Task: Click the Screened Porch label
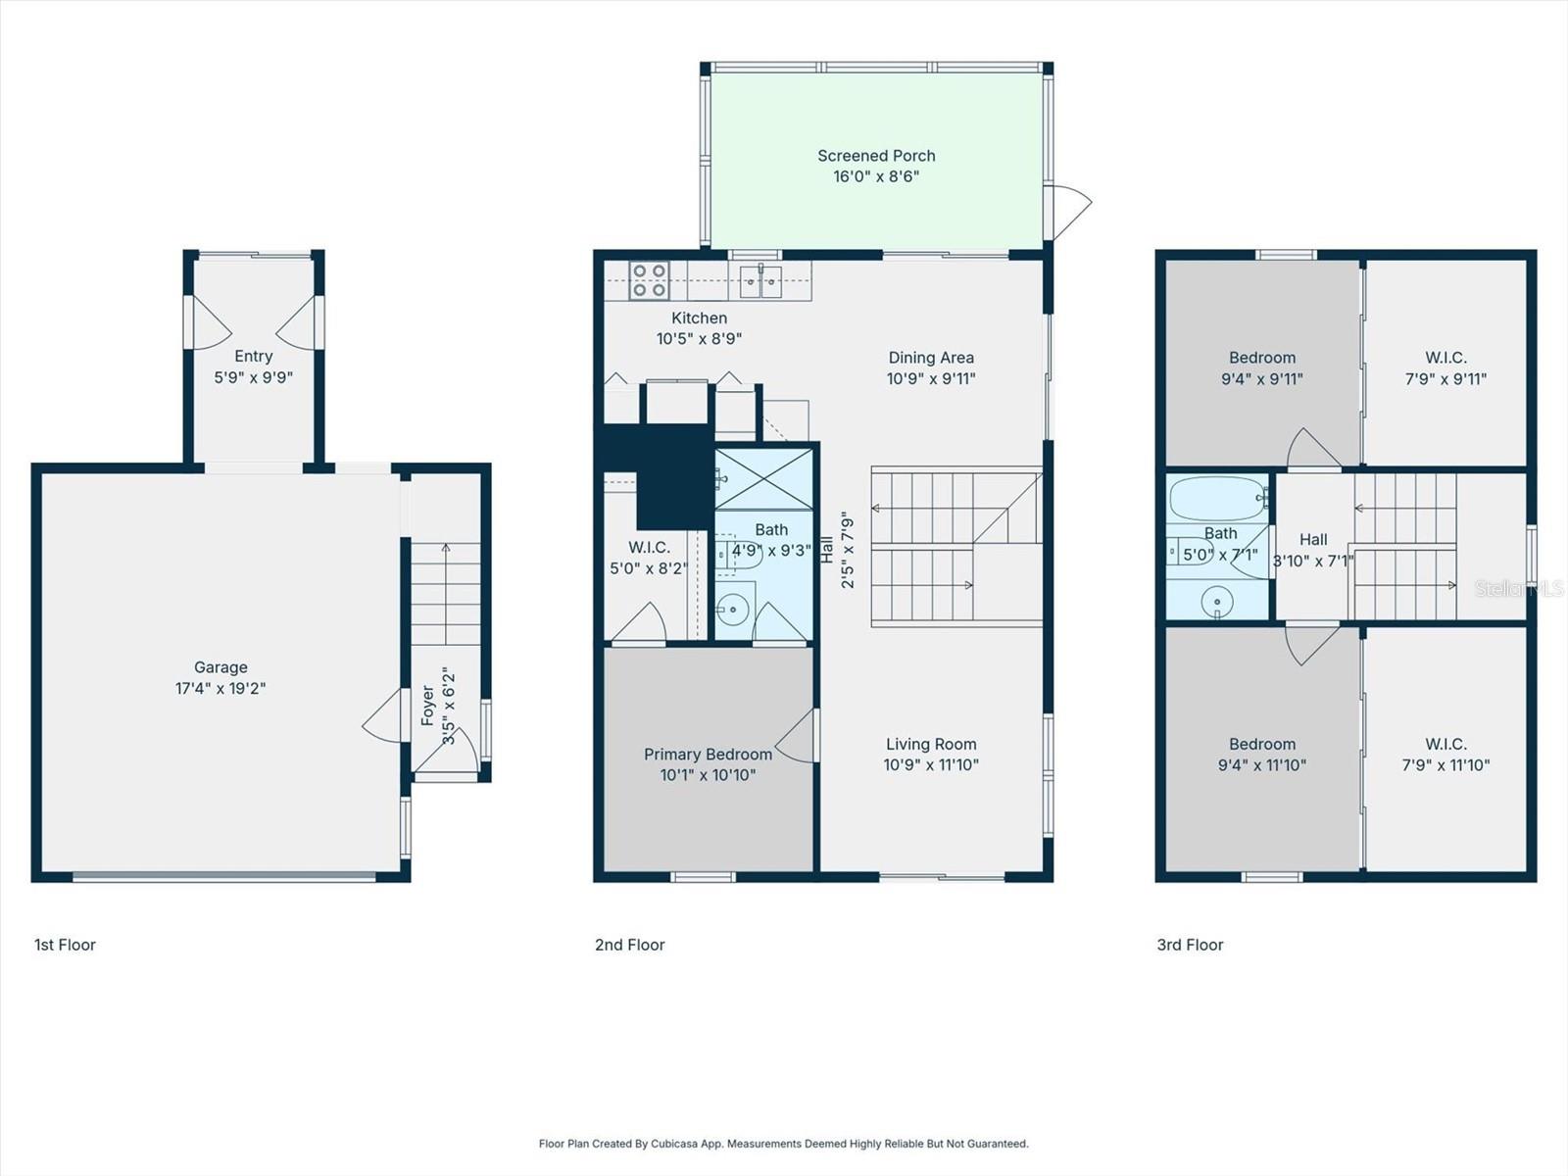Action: [876, 156]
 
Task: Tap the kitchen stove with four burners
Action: [648, 280]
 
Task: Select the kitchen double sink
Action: [760, 281]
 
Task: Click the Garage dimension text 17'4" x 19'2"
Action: [220, 688]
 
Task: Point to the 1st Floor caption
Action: [65, 945]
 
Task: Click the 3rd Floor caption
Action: [1190, 945]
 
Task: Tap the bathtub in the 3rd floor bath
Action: [1217, 499]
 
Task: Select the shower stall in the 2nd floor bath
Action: [764, 479]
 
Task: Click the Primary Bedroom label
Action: [708, 754]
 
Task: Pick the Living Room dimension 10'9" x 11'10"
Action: [931, 764]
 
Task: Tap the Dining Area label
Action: [931, 358]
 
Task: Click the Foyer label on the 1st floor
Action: [428, 706]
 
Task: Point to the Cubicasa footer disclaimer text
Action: [783, 1144]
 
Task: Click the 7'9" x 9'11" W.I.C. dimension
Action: [1445, 378]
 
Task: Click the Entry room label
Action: [253, 356]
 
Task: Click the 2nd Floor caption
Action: [629, 945]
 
